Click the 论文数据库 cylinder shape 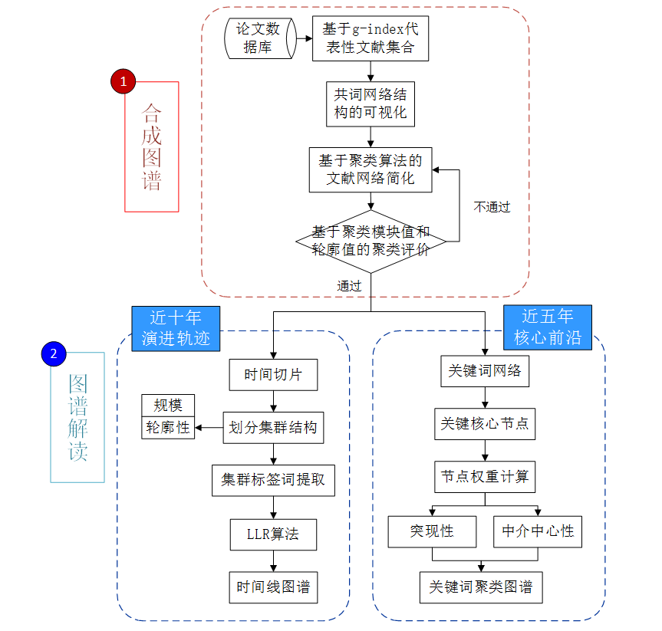[259, 38]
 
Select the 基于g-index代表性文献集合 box [370, 38]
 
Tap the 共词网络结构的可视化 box [371, 104]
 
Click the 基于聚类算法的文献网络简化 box [371, 169]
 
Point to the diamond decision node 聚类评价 [371, 241]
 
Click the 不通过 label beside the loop [492, 207]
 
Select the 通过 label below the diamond [349, 286]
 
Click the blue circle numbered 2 [53, 353]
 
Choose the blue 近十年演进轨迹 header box [176, 328]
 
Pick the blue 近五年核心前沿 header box [547, 327]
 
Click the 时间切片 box [273, 375]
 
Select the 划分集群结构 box [273, 427]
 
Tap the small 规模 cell [168, 406]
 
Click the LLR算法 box [273, 534]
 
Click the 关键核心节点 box [484, 423]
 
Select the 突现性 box [432, 531]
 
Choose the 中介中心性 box [538, 531]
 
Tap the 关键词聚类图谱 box [481, 587]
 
